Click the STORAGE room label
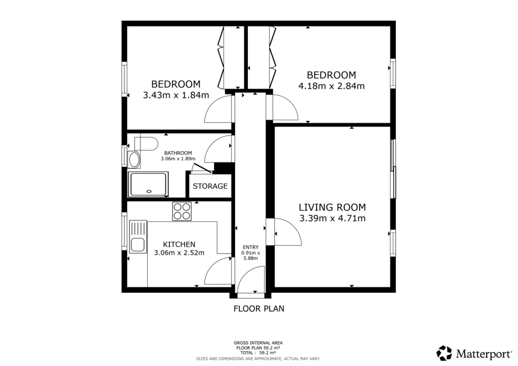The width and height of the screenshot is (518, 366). click(x=210, y=186)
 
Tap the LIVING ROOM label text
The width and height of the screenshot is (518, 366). click(x=332, y=207)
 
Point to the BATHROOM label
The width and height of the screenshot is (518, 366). click(x=178, y=153)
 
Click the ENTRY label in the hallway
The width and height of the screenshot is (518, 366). click(x=250, y=247)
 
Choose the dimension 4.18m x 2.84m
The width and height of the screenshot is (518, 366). click(x=331, y=86)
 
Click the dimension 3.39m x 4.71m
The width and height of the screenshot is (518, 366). click(x=332, y=219)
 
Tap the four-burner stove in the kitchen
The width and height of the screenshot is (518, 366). click(x=182, y=211)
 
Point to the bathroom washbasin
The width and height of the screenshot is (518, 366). click(x=135, y=160)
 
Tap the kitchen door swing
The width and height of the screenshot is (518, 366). click(x=219, y=272)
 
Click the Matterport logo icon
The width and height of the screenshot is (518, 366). click(x=445, y=353)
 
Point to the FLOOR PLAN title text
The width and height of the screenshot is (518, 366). click(x=258, y=308)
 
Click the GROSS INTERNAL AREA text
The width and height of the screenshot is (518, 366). click(x=258, y=343)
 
